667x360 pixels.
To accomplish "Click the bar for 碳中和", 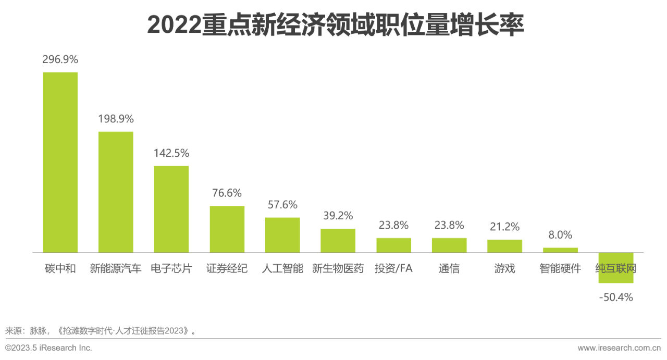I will (x=60, y=162).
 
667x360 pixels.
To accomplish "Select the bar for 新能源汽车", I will (x=116, y=192).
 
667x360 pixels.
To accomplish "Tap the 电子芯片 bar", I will (x=171, y=209).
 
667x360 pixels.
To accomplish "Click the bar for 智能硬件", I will (x=560, y=250).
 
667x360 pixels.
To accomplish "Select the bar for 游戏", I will (x=504, y=246).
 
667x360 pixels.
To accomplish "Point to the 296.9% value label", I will (x=60, y=59).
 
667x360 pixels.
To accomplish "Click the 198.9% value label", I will (x=116, y=119).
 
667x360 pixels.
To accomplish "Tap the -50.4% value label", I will (x=615, y=297).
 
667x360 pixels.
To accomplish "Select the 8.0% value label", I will (x=560, y=235).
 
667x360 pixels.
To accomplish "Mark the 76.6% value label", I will (x=227, y=193).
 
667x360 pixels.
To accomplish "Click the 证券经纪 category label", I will (x=227, y=269).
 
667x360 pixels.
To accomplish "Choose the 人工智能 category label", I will (x=282, y=269).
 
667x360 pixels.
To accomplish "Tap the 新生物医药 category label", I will (x=338, y=269).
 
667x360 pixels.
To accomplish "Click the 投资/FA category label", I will (x=393, y=269).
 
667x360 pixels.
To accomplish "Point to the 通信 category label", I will (x=449, y=269).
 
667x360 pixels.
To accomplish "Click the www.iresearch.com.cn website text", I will (x=619, y=348).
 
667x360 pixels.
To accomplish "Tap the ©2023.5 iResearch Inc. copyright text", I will (x=48, y=348).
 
